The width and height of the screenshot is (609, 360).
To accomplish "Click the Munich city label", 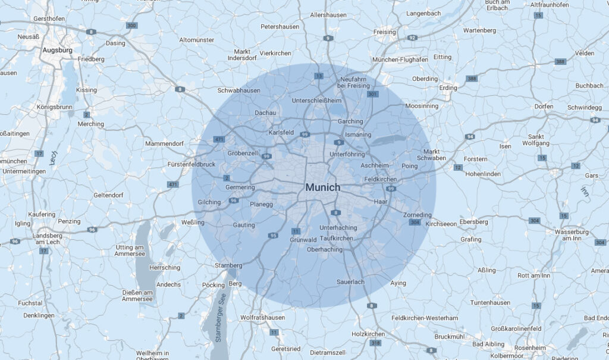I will pyautogui.click(x=322, y=187).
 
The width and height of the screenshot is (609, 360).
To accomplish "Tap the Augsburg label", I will pyautogui.click(x=57, y=51).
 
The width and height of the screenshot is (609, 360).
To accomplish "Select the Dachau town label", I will pyautogui.click(x=265, y=112).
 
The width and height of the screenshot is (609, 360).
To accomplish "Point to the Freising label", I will pyautogui.click(x=384, y=32).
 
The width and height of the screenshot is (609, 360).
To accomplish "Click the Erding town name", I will pyautogui.click(x=448, y=88).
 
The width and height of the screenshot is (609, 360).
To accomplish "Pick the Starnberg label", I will pyautogui.click(x=228, y=265).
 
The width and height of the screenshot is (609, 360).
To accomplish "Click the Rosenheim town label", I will pyautogui.click(x=530, y=348).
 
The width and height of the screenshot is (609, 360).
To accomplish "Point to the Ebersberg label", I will pyautogui.click(x=473, y=222).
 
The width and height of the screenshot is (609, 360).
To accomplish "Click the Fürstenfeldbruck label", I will pyautogui.click(x=192, y=164).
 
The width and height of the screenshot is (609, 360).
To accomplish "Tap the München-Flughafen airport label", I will pyautogui.click(x=400, y=60).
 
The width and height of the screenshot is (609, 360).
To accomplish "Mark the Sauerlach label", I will pyautogui.click(x=350, y=281).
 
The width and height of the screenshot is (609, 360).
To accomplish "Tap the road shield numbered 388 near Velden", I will pyautogui.click(x=560, y=61).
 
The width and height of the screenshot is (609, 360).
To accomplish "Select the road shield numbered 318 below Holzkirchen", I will pyautogui.click(x=375, y=343).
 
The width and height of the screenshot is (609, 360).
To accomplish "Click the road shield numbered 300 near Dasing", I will pyautogui.click(x=131, y=26).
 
